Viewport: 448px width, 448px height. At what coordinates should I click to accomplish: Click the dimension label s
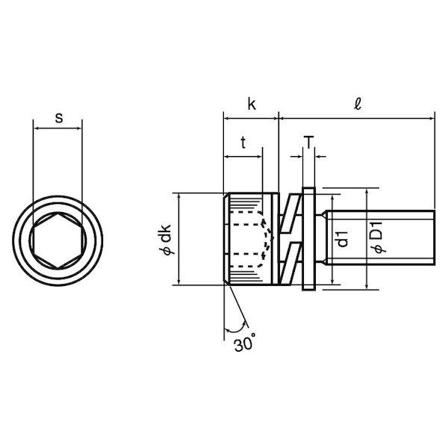click(59, 118)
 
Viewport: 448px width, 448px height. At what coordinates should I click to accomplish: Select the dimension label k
click(252, 104)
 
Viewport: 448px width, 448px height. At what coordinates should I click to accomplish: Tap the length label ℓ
click(358, 104)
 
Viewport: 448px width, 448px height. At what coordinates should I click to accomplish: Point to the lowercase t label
click(243, 143)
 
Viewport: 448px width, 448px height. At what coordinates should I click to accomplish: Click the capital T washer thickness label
click(309, 143)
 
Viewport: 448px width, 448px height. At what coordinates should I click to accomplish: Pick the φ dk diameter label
click(166, 240)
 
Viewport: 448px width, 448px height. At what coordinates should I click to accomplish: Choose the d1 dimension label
click(343, 239)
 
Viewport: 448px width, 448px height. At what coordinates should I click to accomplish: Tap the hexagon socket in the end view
click(57, 240)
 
